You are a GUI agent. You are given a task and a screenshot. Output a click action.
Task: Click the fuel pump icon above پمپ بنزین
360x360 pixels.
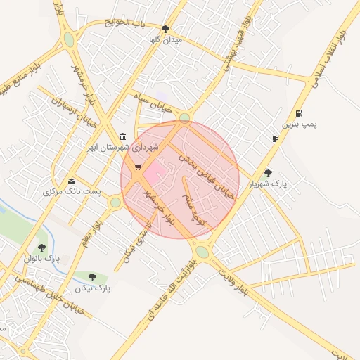tap(300, 113)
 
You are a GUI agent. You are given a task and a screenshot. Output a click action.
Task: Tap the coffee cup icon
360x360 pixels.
tap(275, 139)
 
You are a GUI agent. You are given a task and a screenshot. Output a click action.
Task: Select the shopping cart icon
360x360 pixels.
tap(137, 167)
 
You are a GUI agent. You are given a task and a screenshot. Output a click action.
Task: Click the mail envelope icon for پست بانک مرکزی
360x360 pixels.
tap(71, 181)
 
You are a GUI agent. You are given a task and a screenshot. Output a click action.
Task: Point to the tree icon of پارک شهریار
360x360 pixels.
tap(268, 172)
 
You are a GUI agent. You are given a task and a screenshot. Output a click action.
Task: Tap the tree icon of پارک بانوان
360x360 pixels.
tap(42, 247)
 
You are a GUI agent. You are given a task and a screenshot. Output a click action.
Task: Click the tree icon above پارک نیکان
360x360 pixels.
tap(92, 277)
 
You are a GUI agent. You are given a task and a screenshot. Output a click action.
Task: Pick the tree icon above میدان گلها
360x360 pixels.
tap(165, 29)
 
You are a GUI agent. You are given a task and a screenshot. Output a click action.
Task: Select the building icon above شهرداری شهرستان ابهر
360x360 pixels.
tap(123, 136)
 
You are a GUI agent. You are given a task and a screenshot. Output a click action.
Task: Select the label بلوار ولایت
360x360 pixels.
tap(233, 280)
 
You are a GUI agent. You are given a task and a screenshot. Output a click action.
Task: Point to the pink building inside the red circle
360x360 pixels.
tap(155, 171)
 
